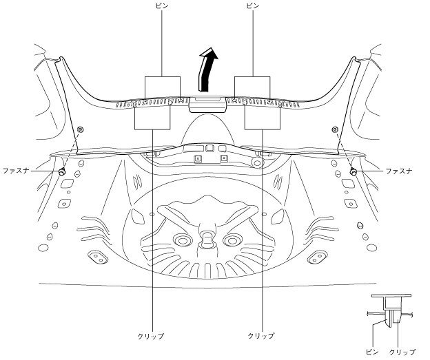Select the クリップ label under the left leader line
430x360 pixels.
(151, 336)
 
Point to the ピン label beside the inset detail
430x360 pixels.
(373, 352)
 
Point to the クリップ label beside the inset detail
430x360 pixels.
(403, 352)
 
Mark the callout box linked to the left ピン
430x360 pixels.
(162, 87)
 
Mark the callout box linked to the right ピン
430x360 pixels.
(253, 87)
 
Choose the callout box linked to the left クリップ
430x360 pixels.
(152, 118)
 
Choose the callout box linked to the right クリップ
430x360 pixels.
(263, 118)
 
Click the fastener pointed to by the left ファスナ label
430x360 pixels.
(62, 170)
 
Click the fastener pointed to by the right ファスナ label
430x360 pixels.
(354, 170)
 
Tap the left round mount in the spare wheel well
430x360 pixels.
(183, 240)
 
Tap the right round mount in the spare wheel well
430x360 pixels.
(232, 240)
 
